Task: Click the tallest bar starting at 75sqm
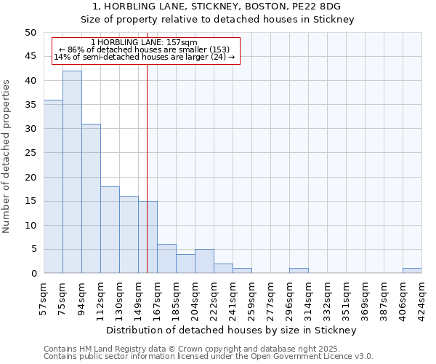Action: (x=72, y=172)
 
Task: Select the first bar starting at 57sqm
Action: (x=53, y=186)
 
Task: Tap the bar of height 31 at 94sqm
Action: (x=91, y=199)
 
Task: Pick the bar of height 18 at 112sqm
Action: (x=110, y=230)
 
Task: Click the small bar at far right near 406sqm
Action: (x=412, y=271)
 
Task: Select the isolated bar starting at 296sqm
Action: (x=299, y=271)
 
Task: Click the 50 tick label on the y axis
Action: (x=30, y=33)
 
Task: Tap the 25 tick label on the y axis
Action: (x=30, y=153)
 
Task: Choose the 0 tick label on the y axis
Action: (x=33, y=274)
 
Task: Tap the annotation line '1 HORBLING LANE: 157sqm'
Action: (x=145, y=43)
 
